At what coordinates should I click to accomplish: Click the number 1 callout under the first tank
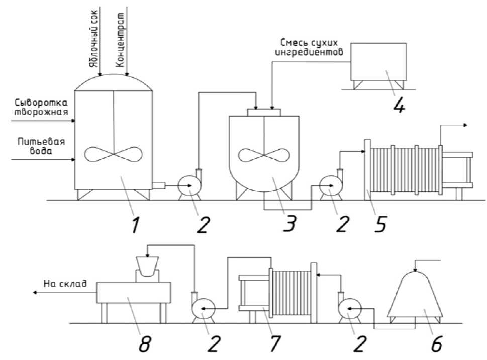click(135, 225)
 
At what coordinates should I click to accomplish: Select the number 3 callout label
click(289, 224)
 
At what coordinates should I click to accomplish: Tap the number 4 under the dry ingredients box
click(399, 105)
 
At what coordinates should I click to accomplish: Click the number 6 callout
click(436, 343)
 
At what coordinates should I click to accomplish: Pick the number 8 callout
click(144, 343)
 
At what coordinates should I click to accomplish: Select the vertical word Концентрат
click(120, 40)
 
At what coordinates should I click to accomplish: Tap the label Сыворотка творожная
click(41, 107)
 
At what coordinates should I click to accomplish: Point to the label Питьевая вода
click(41, 146)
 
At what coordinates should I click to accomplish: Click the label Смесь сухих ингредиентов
click(310, 47)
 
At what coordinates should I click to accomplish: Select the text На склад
click(65, 283)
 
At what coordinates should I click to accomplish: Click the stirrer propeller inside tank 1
click(114, 154)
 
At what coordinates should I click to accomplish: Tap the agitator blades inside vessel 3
click(264, 155)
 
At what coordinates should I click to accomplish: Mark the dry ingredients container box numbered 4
click(378, 62)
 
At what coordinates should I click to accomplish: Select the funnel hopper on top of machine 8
click(148, 266)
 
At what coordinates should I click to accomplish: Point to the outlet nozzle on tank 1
click(158, 186)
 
